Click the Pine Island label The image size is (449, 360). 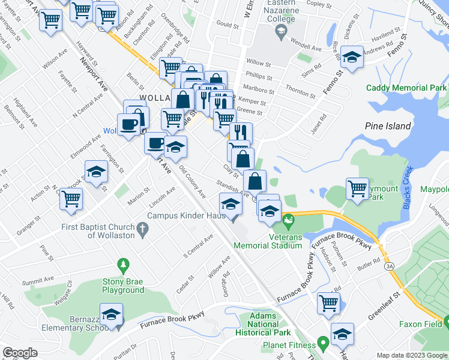tap(388, 126)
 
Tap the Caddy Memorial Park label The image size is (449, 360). tap(406, 88)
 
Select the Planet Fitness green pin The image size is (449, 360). tap(323, 344)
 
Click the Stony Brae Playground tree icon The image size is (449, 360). tap(123, 265)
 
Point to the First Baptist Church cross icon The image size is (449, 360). tap(142, 228)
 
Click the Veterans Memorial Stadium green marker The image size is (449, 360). tap(289, 220)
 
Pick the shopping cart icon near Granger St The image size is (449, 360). tap(71, 197)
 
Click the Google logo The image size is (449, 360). tap(20, 353)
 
